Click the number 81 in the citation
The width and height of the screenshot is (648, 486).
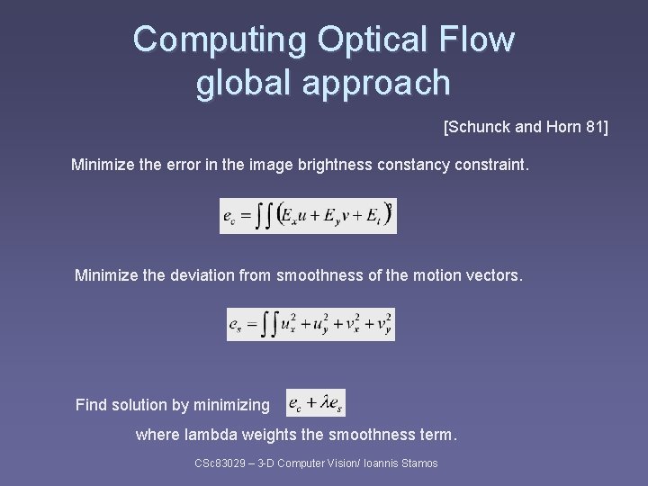click(x=595, y=128)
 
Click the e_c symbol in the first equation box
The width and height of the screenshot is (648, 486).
click(x=230, y=217)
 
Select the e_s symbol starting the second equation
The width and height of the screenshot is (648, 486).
click(x=236, y=325)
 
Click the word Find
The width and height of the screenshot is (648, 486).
click(x=91, y=405)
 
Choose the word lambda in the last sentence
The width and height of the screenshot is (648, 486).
click(x=208, y=436)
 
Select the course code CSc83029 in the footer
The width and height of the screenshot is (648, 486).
click(x=220, y=463)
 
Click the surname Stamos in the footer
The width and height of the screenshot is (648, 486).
click(x=418, y=463)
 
